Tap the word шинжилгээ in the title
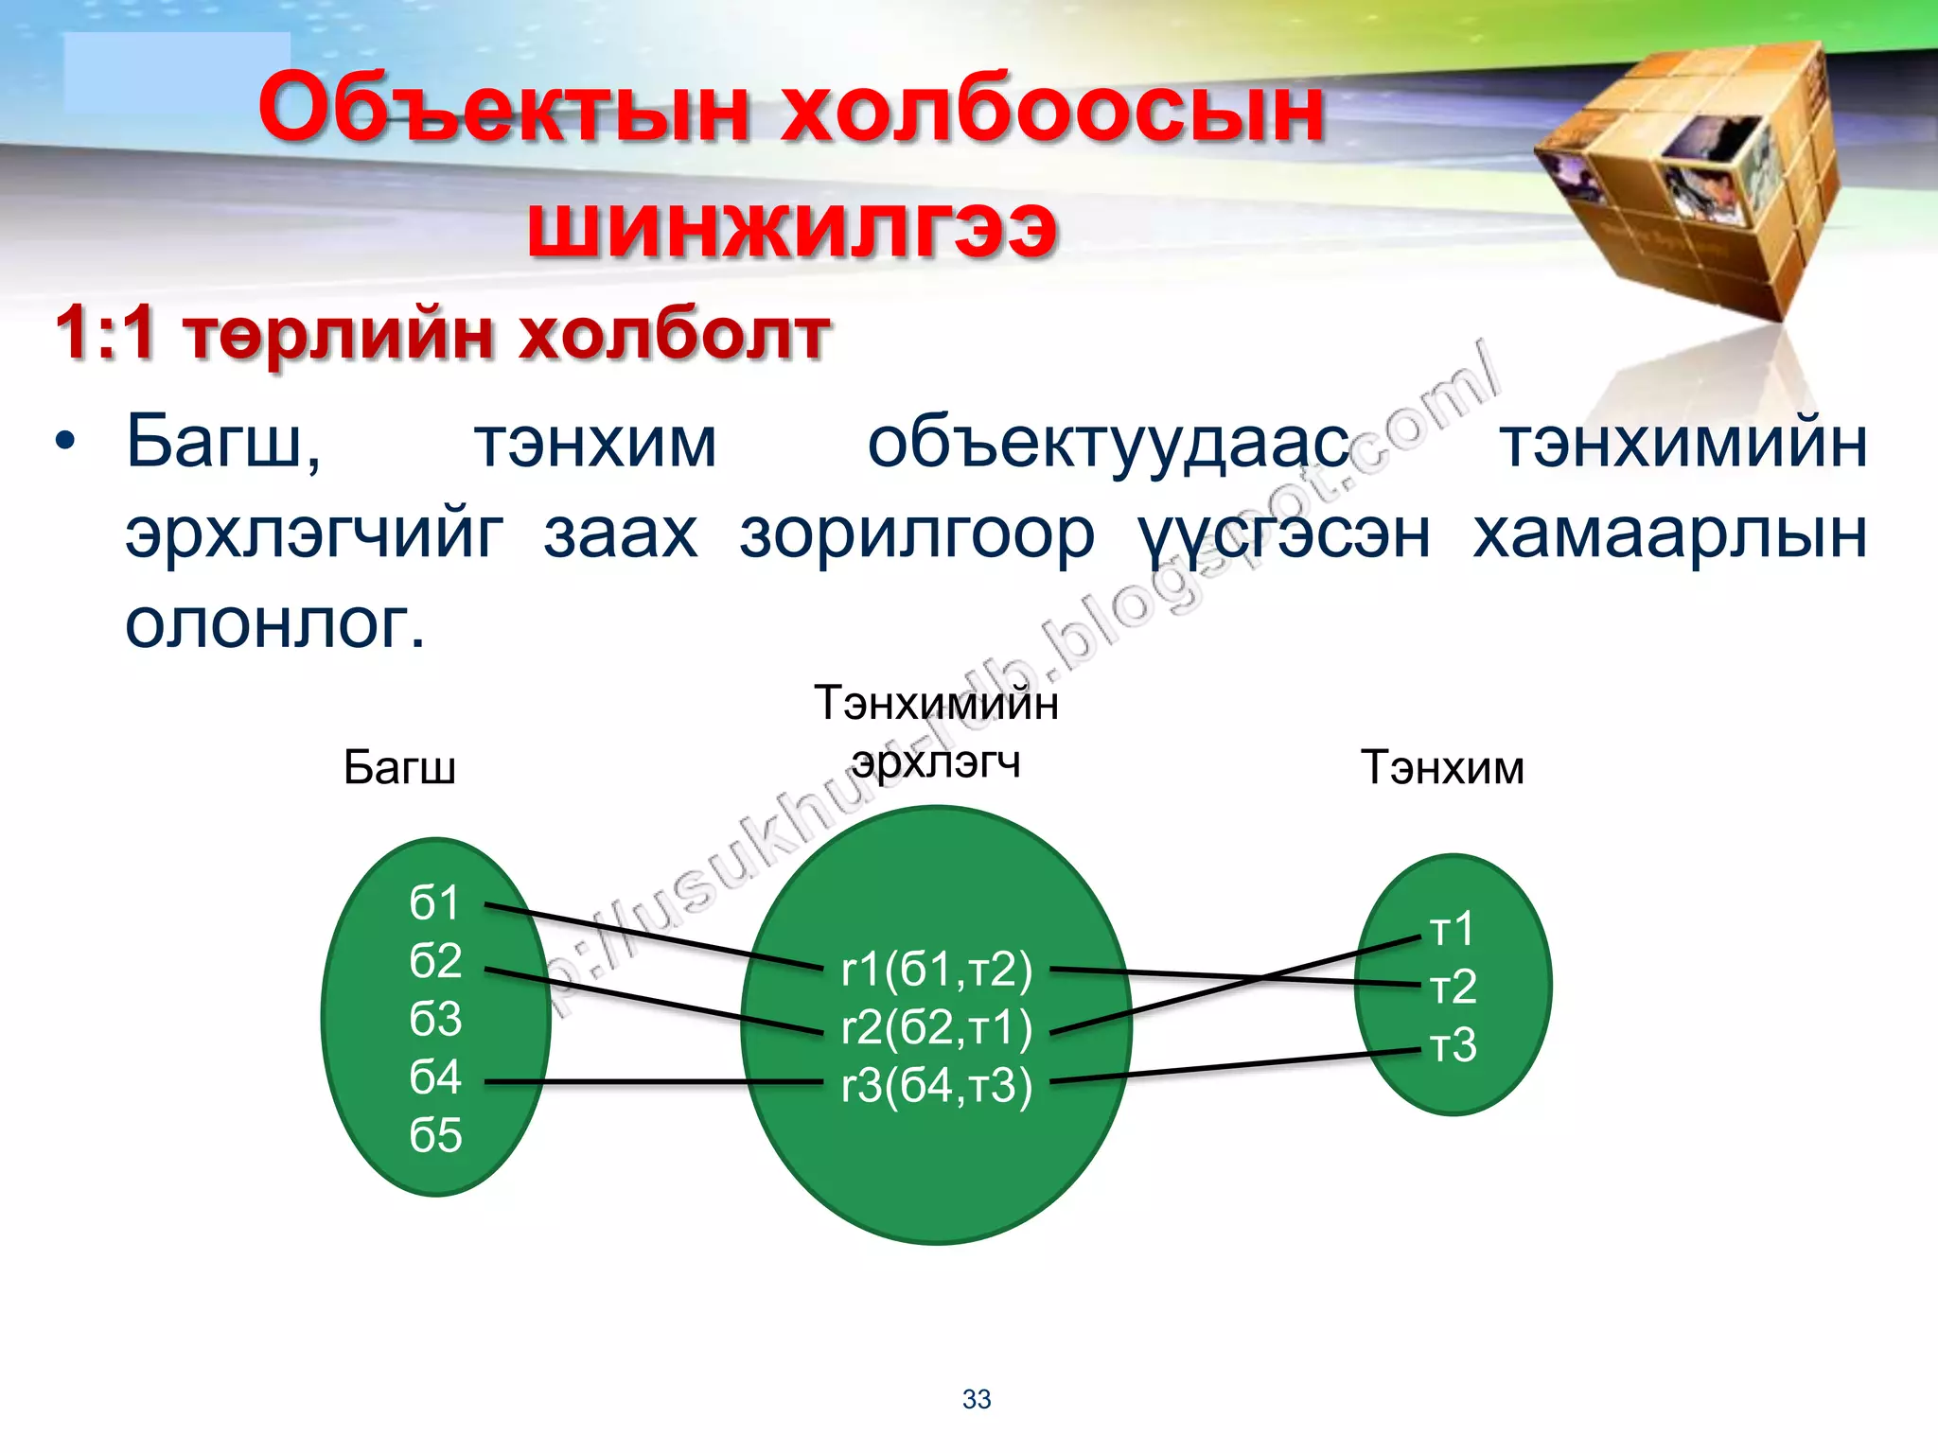coord(791,228)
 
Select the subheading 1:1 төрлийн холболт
coord(443,334)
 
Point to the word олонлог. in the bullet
coord(274,623)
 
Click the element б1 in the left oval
coord(434,902)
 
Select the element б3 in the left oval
coord(435,1019)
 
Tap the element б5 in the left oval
coord(435,1135)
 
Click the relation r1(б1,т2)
coord(936,970)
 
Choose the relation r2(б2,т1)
coord(936,1027)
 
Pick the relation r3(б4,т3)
coord(936,1085)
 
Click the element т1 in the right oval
coord(1452,929)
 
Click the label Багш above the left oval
coord(399,767)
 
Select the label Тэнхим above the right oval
coord(1442,767)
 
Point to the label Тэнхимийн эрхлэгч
coord(936,732)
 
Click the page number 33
coord(977,1399)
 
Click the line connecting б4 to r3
coord(653,1081)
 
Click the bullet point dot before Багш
coord(64,442)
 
